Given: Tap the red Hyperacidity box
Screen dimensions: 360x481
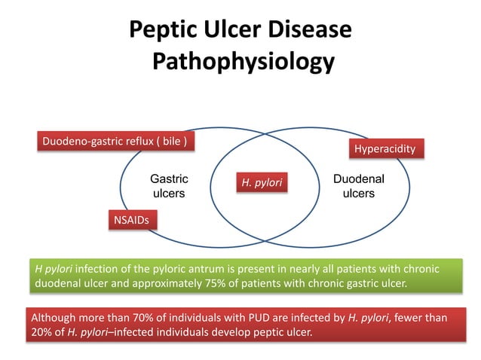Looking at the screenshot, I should [384, 148].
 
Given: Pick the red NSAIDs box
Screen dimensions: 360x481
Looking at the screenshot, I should [131, 220].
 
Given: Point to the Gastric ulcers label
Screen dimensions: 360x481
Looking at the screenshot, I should [169, 186].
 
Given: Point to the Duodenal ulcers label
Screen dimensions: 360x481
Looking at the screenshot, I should [358, 186].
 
